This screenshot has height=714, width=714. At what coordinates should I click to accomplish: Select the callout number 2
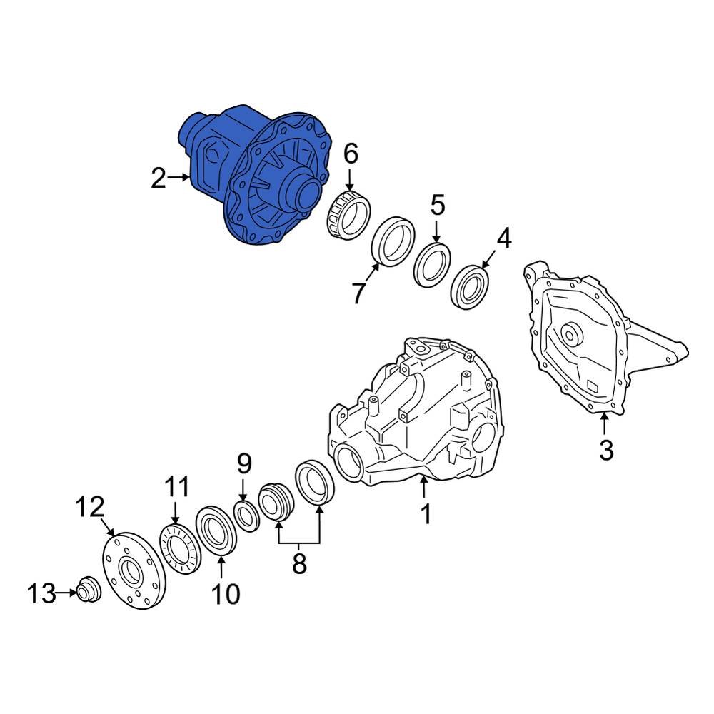(x=159, y=178)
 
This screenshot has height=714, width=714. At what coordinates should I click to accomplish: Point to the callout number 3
(x=605, y=451)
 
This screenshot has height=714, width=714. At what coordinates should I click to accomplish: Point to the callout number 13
(x=41, y=593)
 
